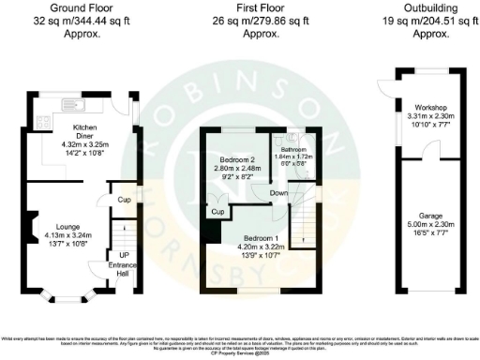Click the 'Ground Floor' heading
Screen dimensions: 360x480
tap(82, 7)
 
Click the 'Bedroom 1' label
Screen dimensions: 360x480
tap(255, 238)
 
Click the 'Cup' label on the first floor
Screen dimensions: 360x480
tap(217, 213)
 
